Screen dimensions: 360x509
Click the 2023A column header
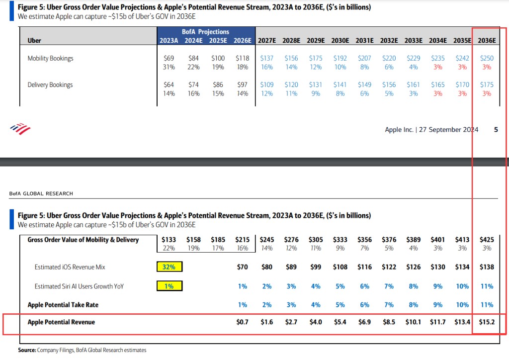point(169,40)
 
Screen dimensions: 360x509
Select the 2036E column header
point(487,40)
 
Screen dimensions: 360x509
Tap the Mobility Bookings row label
point(50,58)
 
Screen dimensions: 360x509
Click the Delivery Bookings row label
point(50,85)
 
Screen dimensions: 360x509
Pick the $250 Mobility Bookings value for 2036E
point(487,58)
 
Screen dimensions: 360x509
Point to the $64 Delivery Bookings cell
point(169,85)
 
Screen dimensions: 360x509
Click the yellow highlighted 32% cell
point(169,267)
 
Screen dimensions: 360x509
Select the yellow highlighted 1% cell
point(169,286)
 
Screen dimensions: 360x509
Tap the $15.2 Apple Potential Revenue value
point(486,322)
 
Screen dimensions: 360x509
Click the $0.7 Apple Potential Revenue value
point(243,322)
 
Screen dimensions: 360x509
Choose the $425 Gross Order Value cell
point(486,240)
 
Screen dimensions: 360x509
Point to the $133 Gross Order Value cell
point(169,240)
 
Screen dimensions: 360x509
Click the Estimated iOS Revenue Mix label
point(70,267)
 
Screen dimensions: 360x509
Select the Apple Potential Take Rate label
point(63,304)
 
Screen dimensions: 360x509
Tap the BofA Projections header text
point(205,32)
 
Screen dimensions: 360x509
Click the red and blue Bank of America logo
point(20,129)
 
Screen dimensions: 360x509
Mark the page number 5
point(496,130)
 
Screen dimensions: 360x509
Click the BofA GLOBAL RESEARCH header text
point(41,193)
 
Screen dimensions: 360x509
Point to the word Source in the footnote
point(27,351)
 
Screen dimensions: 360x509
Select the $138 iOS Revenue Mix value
point(486,267)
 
